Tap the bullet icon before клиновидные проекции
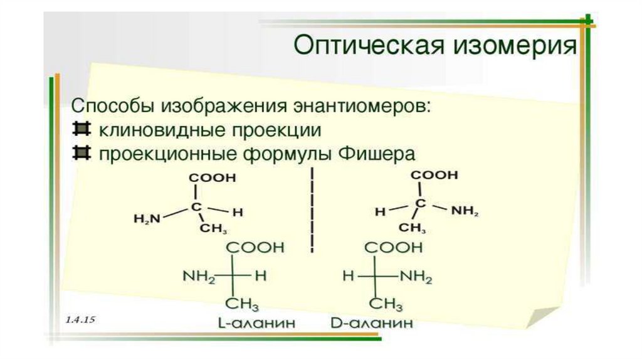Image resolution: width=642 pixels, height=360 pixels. pyautogui.click(x=79, y=129)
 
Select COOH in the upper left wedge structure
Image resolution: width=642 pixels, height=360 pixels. pyautogui.click(x=213, y=177)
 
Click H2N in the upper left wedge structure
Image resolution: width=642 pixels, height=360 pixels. pyautogui.click(x=147, y=218)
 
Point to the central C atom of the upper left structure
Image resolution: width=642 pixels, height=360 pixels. pyautogui.click(x=197, y=206)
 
